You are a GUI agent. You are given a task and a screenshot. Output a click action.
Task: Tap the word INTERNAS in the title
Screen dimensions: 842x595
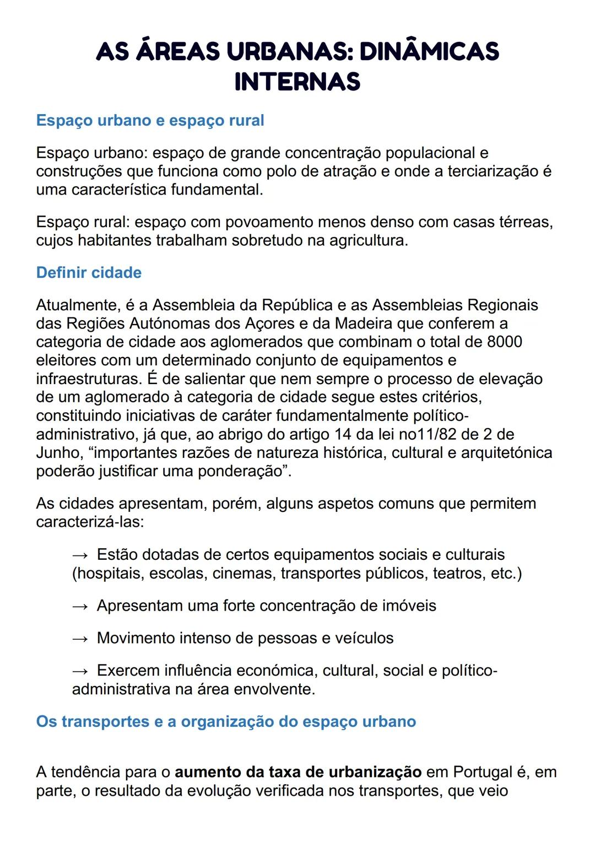[x=297, y=82]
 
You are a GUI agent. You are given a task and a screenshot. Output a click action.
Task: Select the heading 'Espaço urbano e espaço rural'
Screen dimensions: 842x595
[x=150, y=121]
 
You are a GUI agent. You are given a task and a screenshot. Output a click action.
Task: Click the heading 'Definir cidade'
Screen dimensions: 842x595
[x=89, y=273]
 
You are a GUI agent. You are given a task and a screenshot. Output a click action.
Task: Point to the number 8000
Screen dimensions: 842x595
[x=504, y=342]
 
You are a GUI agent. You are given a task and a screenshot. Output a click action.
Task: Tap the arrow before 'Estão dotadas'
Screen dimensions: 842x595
[x=80, y=555]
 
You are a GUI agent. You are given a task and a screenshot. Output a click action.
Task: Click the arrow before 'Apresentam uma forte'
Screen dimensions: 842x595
[x=80, y=606]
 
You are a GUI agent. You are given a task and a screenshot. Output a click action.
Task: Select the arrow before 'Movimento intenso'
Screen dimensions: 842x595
[x=80, y=639]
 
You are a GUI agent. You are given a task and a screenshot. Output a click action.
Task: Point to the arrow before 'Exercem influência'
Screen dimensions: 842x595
[x=80, y=671]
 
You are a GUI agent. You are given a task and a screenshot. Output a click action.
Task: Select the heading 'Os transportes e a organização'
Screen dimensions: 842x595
[x=226, y=722]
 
